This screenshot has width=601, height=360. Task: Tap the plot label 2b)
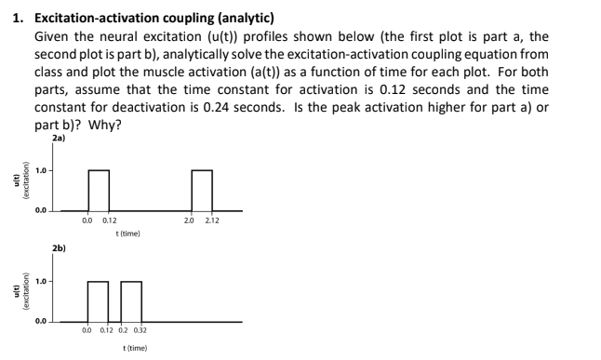[x=60, y=250]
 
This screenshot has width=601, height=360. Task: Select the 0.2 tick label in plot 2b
[x=125, y=330]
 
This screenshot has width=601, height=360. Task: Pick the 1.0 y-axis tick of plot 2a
[x=41, y=170]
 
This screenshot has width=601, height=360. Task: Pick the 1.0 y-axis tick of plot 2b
[x=41, y=280]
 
